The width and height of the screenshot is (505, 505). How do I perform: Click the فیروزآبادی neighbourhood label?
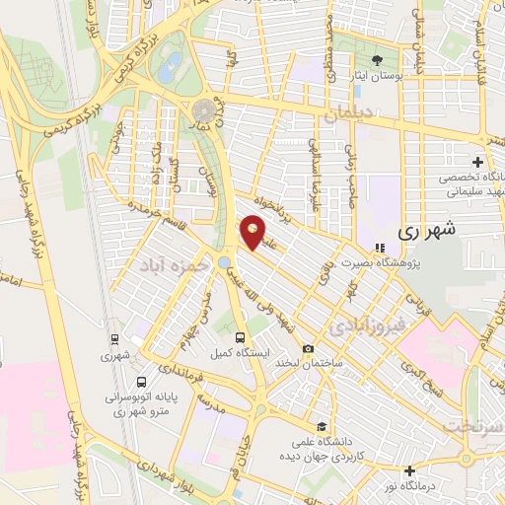[x=366, y=325]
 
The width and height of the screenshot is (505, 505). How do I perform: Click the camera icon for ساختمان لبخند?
[x=309, y=349]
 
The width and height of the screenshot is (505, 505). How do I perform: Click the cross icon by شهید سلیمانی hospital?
[x=477, y=162]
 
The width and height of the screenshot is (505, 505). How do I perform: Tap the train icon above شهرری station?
[x=116, y=346]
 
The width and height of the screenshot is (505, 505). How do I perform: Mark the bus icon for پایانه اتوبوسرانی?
[x=142, y=382]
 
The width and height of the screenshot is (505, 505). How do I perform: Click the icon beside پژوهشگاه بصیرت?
[x=379, y=249]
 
